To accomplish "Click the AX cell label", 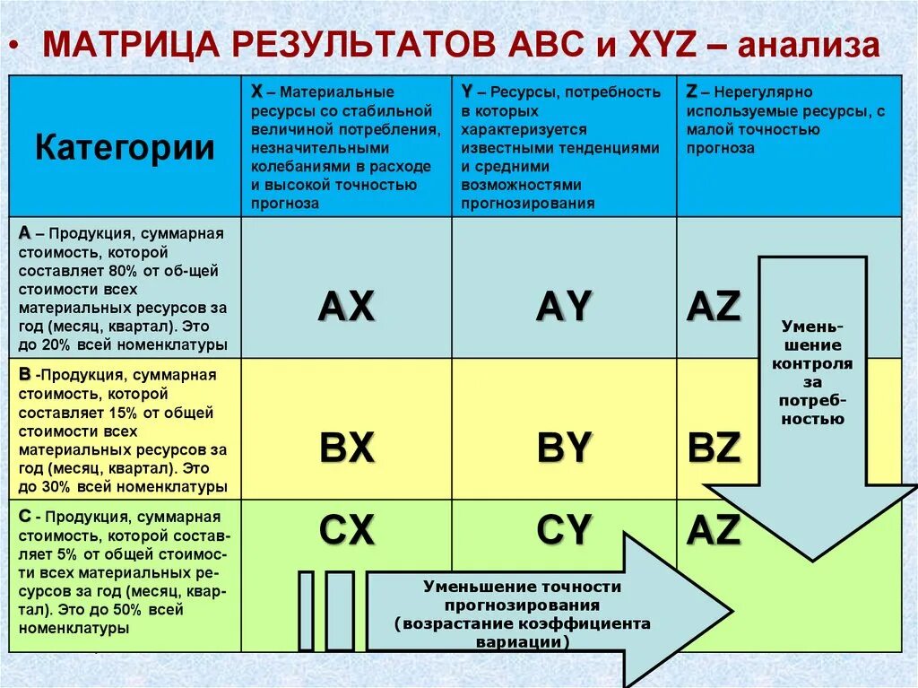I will pyautogui.click(x=346, y=307).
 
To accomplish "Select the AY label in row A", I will pyautogui.click(x=564, y=307).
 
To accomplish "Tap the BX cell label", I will pyautogui.click(x=346, y=448).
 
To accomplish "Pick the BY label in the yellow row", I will pyautogui.click(x=564, y=448).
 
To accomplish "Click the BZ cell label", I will pyautogui.click(x=714, y=448).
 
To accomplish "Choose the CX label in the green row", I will pyautogui.click(x=346, y=531).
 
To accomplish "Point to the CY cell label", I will pyautogui.click(x=564, y=531).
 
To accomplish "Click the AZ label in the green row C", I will pyautogui.click(x=714, y=531).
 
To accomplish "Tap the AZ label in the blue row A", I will pyautogui.click(x=714, y=307).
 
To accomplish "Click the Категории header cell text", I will pyautogui.click(x=125, y=147).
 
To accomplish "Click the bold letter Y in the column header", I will pyautogui.click(x=467, y=91).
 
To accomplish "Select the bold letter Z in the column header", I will pyautogui.click(x=691, y=91).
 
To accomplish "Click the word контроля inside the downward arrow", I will pyautogui.click(x=812, y=363).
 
